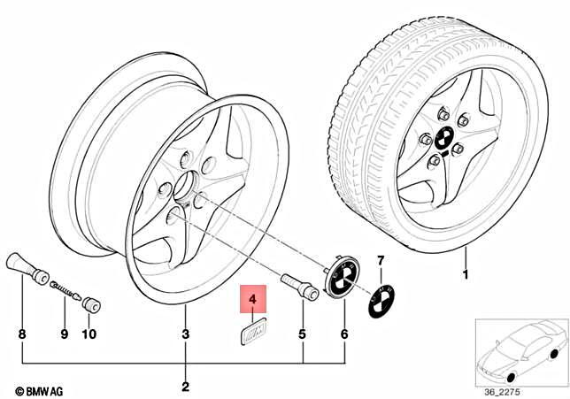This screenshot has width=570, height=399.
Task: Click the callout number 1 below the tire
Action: coord(465,275)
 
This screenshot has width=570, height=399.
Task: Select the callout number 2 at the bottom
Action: coord(185,387)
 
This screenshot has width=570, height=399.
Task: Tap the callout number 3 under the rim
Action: coord(185,334)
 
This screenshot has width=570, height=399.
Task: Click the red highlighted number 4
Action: coord(252,299)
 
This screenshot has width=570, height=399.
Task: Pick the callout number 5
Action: coord(303,334)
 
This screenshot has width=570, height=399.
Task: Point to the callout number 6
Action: coord(344,334)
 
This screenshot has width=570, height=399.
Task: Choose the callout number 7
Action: coord(381,261)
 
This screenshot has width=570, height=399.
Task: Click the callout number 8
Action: coord(22,334)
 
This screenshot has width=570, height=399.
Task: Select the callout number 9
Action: coord(65,334)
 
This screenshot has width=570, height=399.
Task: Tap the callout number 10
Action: coord(89,334)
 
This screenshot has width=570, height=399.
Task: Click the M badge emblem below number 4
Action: coord(254,331)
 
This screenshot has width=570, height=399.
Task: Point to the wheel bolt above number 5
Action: coord(299,287)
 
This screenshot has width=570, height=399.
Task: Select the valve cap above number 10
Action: coord(91,304)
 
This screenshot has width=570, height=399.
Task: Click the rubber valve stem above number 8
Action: coord(27,267)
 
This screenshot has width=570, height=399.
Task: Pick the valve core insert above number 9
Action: coord(65,290)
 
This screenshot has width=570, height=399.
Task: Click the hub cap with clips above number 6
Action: coord(342,276)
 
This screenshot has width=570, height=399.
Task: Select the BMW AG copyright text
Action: coord(39,391)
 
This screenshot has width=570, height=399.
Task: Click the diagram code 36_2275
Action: coord(502,392)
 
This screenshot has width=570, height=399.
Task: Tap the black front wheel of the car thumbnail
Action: coord(510,378)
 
